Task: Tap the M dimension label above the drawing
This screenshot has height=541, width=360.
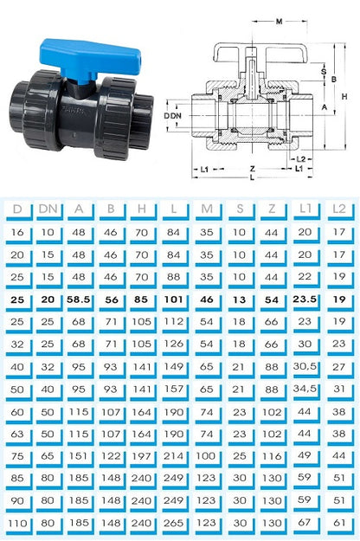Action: click(279, 22)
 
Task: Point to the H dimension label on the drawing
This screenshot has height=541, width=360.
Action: click(344, 97)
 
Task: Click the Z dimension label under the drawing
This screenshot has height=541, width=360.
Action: click(253, 169)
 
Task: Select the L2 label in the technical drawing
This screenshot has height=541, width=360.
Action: click(301, 159)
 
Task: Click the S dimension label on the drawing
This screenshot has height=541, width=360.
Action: click(324, 72)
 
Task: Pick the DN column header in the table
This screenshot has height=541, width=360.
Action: click(48, 209)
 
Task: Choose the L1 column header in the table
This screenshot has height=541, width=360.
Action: click(305, 208)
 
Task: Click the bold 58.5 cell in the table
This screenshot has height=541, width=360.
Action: click(78, 299)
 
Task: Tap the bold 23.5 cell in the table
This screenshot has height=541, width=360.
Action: click(305, 299)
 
